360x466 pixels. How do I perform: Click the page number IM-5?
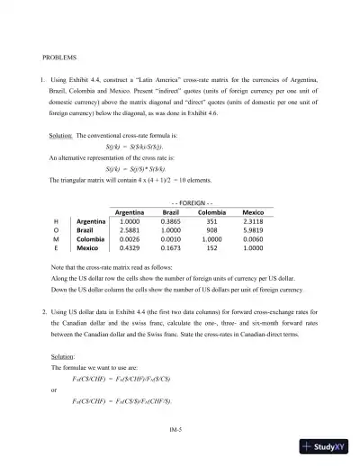[x=179, y=430]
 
